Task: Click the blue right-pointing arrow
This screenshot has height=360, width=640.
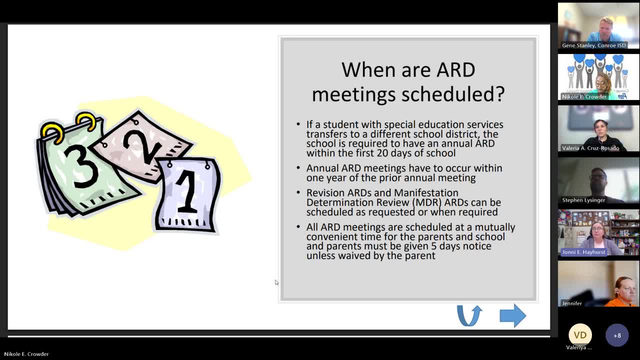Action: pos(512,316)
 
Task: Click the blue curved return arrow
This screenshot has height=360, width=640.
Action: pos(469,316)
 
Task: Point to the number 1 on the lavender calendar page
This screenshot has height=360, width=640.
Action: pos(187,193)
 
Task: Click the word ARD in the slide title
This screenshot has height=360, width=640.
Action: pos(455,69)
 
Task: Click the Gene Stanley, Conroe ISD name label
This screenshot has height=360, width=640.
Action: pos(593,45)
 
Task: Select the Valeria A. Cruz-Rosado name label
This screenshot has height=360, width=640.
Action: pos(590,148)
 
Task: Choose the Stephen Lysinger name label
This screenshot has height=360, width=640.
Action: pos(583,200)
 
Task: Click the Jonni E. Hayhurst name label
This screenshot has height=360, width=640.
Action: pos(583,252)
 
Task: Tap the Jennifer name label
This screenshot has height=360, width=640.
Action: pos(571,303)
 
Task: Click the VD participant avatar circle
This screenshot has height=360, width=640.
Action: pos(580,335)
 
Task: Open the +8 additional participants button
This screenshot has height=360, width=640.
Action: pos(616,335)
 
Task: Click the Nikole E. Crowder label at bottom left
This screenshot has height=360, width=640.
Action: pos(26,354)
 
